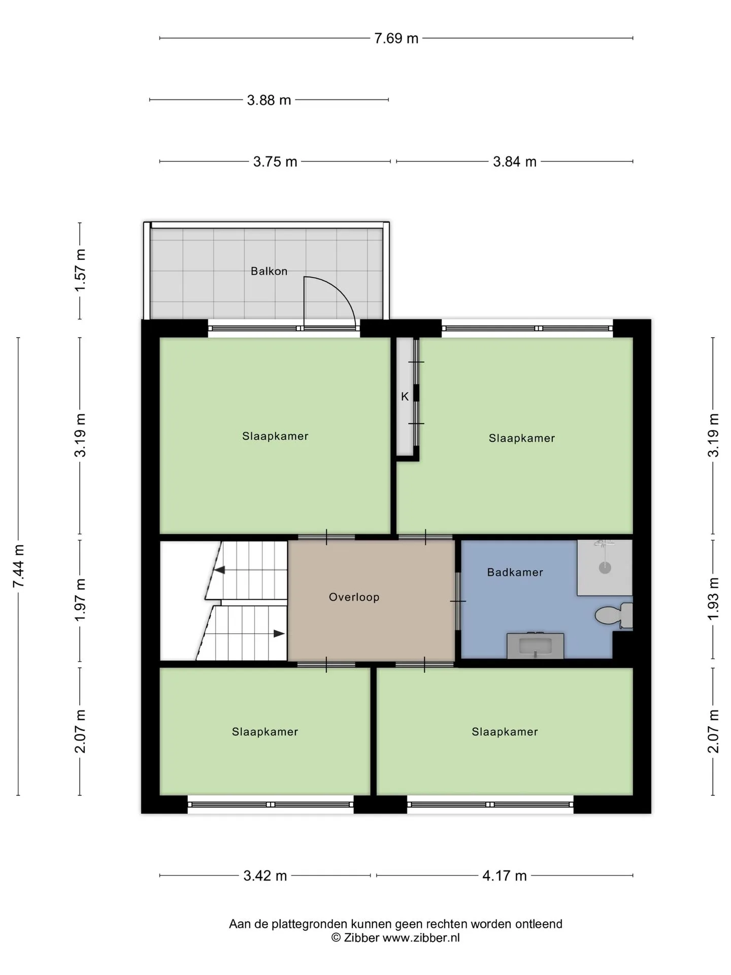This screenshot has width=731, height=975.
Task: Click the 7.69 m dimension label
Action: (x=396, y=39)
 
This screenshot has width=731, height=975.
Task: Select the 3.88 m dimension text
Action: (x=269, y=100)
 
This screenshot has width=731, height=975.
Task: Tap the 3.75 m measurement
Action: (x=275, y=162)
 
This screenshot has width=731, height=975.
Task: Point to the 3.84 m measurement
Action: (x=515, y=162)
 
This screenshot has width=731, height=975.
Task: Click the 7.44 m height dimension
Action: (x=19, y=566)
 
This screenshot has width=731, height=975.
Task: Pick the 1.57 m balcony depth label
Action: (x=80, y=270)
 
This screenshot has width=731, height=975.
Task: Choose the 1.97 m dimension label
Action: (x=80, y=599)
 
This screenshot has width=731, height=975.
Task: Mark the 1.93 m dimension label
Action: (x=713, y=598)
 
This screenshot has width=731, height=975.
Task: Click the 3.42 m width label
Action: (x=265, y=876)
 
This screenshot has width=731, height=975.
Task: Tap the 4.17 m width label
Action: (x=505, y=876)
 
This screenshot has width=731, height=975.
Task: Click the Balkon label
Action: (x=269, y=271)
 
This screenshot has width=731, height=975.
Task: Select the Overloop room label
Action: (x=354, y=597)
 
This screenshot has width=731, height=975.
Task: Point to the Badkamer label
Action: (x=515, y=572)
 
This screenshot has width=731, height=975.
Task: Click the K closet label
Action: (x=405, y=397)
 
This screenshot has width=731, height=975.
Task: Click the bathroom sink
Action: (x=536, y=646)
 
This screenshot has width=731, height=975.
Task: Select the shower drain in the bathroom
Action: (x=605, y=568)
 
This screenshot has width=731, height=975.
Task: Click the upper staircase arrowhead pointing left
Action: (x=219, y=570)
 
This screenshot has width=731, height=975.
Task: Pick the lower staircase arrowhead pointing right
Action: (x=279, y=634)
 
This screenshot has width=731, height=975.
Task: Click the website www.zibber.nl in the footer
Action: (x=421, y=938)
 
